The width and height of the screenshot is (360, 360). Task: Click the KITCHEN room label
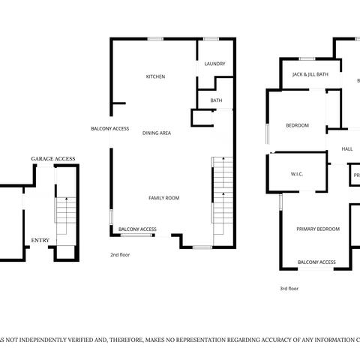click(155, 76)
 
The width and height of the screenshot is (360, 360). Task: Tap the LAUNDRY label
click(214, 64)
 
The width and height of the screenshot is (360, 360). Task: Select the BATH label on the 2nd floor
click(216, 100)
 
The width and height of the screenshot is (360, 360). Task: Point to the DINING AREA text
click(157, 133)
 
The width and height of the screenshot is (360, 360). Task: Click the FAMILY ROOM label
click(163, 198)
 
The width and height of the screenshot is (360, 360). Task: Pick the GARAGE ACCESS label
click(52, 160)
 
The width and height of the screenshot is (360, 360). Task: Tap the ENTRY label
click(39, 241)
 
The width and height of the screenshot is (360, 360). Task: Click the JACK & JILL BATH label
click(310, 74)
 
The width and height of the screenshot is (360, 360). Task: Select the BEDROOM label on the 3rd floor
click(297, 125)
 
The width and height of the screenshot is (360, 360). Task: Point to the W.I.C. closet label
click(296, 174)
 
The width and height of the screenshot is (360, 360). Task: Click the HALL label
click(347, 149)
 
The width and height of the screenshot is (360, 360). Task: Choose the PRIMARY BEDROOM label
click(316, 229)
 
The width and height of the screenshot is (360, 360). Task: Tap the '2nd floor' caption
click(120, 255)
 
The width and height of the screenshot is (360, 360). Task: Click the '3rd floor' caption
click(289, 288)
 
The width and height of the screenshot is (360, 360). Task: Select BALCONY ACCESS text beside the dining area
click(110, 128)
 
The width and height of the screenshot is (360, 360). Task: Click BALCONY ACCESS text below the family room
click(137, 229)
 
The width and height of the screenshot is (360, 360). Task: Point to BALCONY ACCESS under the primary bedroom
click(316, 262)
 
